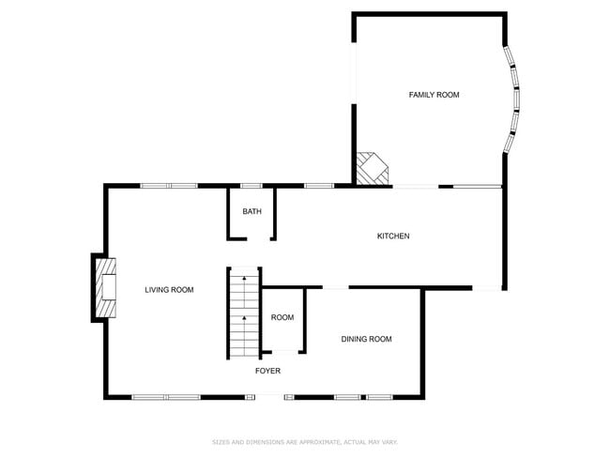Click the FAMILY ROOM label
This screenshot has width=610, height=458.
point(434,95)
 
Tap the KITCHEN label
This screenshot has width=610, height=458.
point(393,237)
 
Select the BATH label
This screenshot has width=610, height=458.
point(252,212)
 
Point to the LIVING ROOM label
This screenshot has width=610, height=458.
point(169,290)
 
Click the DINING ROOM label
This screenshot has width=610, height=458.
point(366,339)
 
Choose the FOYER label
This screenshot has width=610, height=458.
point(267,371)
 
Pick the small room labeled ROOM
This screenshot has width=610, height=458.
point(282,318)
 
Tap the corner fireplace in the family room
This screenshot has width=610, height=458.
point(372,169)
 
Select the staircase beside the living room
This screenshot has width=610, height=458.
point(242,313)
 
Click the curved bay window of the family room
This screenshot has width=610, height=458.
point(512,99)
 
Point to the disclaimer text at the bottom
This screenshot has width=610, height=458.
point(304,441)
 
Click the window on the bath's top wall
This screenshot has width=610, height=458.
point(252,186)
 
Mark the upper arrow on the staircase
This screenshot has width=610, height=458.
point(243,279)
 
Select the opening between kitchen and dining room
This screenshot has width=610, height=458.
point(335,287)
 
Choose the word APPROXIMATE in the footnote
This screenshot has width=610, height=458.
point(316,441)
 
